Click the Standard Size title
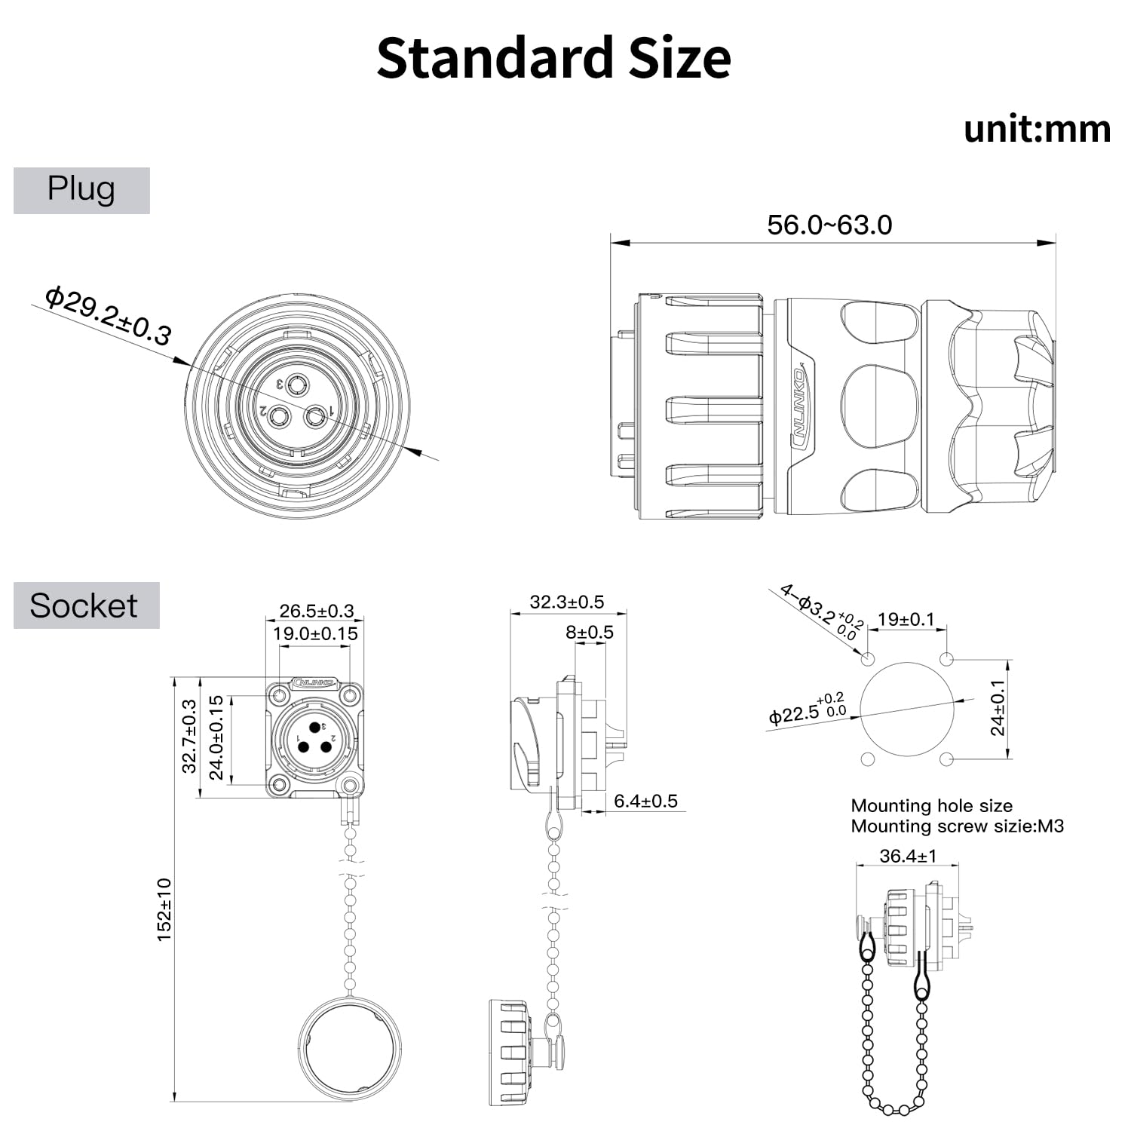point(553,58)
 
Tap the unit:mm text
point(1037,129)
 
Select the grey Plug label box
point(81,190)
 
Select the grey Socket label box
point(87,605)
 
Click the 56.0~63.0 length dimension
point(829,225)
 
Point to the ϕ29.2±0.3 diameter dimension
point(108,314)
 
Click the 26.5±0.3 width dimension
point(316,611)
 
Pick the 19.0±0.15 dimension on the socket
point(315,633)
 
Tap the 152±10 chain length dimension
point(164,909)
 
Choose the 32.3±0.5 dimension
point(567,602)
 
